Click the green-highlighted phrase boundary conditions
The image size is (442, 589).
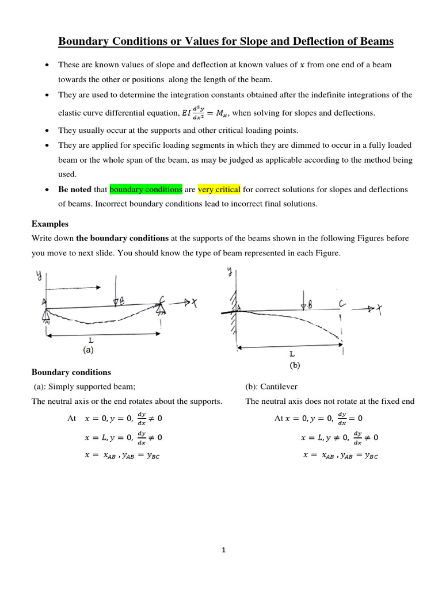click(146, 189)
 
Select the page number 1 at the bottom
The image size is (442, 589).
click(223, 550)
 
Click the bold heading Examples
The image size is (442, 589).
click(50, 223)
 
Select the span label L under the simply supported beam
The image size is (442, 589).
click(90, 341)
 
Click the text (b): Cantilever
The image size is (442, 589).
click(271, 387)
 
